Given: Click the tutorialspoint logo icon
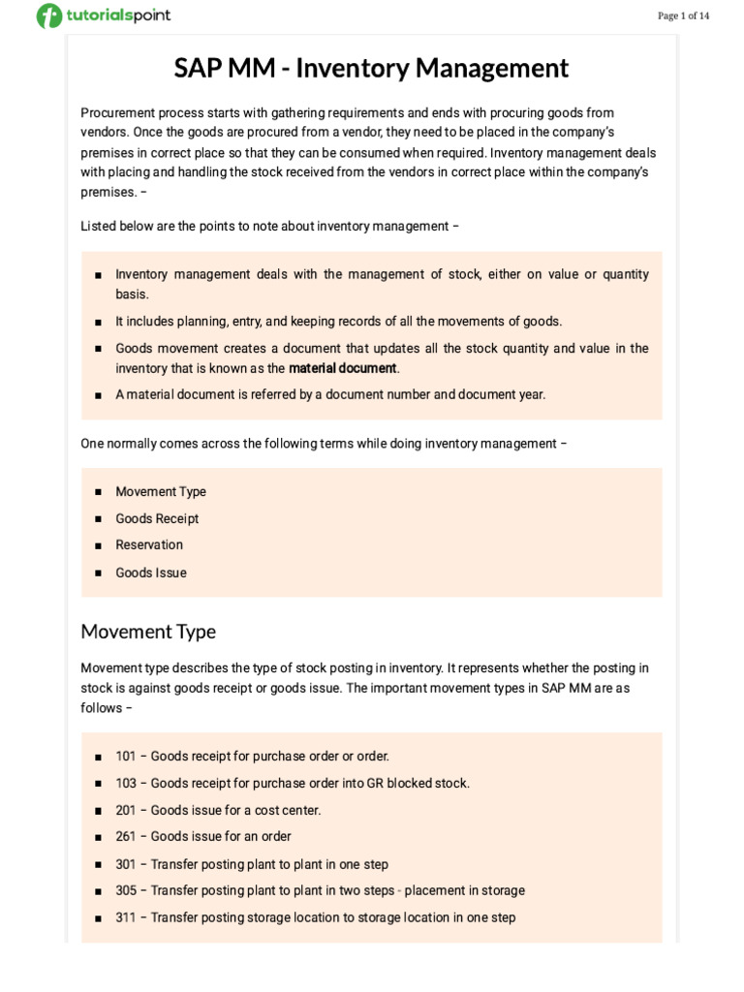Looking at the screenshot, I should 48,16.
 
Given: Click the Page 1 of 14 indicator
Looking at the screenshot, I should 683,15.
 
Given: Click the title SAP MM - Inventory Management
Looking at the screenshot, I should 371,69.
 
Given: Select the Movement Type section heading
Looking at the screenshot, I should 148,632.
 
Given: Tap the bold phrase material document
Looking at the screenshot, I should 343,368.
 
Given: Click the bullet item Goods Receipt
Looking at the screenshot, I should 157,518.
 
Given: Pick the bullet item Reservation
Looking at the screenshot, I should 149,544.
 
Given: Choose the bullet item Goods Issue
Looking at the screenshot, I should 151,573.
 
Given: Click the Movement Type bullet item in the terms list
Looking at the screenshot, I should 161,491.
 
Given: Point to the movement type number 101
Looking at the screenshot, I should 126,756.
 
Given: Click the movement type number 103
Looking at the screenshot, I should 126,783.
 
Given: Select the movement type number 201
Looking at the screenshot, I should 126,810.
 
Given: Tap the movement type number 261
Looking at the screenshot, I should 126,836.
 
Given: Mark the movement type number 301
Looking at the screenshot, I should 126,864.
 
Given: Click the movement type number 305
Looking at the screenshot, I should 126,890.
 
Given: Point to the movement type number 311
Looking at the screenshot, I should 126,917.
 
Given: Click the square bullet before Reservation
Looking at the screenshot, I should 99,545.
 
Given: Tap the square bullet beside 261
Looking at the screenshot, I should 99,837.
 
